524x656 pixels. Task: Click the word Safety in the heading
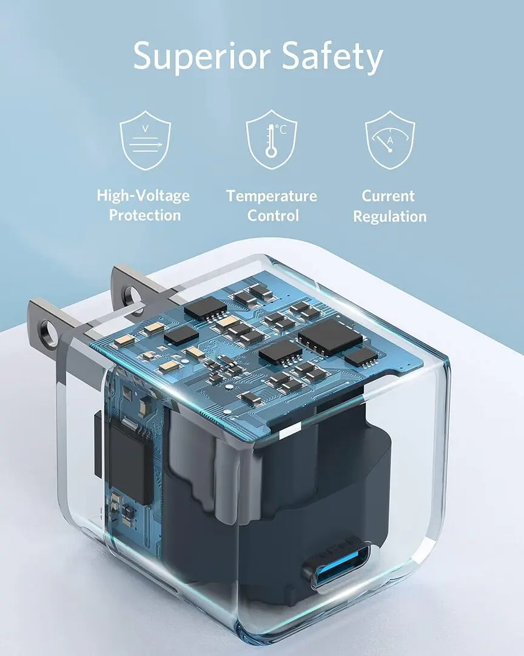326,56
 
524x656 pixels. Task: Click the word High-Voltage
143,196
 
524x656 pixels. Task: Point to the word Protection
145,216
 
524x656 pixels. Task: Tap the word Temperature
272,196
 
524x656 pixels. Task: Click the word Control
273,216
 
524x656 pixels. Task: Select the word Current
388,196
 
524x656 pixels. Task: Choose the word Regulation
390,216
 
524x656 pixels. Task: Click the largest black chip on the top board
330,337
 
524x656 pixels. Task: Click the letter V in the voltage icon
145,128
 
